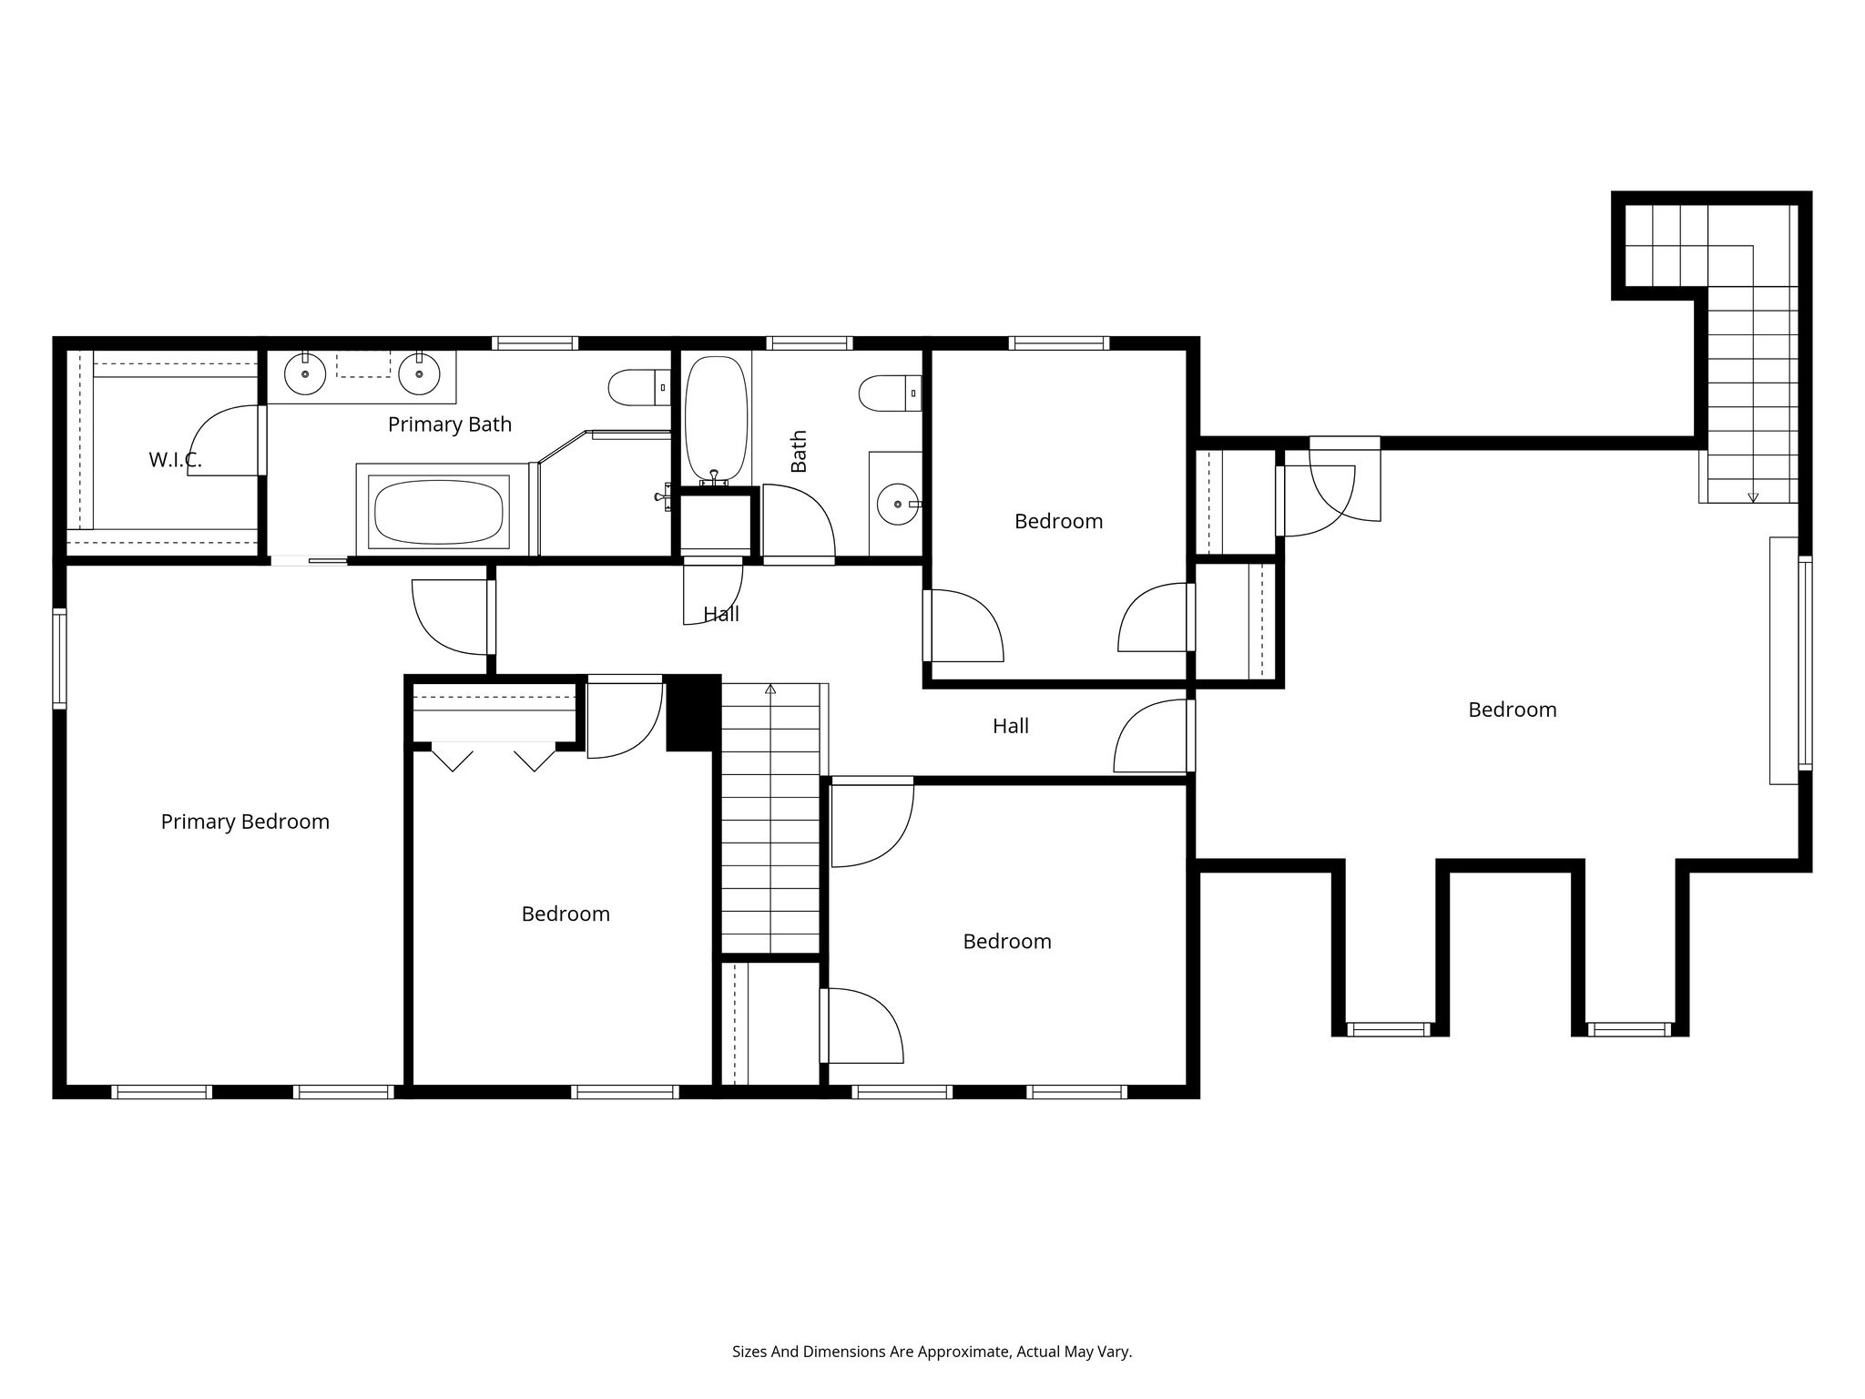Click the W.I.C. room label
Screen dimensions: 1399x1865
pyautogui.click(x=175, y=460)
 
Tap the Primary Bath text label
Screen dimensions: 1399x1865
pyautogui.click(x=450, y=424)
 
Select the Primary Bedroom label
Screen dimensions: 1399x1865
pyautogui.click(x=245, y=822)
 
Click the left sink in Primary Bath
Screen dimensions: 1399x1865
pyautogui.click(x=305, y=373)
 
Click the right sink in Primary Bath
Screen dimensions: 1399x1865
pyautogui.click(x=419, y=373)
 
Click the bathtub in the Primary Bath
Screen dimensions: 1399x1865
pyautogui.click(x=439, y=512)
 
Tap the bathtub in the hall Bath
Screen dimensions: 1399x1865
pyautogui.click(x=716, y=419)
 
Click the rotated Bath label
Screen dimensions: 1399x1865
pyautogui.click(x=799, y=452)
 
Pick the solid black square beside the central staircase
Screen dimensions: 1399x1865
pyautogui.click(x=693, y=712)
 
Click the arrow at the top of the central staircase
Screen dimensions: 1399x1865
pyautogui.click(x=770, y=689)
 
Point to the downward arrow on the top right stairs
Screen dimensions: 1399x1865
pyautogui.click(x=1753, y=497)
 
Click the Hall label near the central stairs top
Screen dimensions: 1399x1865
pyautogui.click(x=721, y=615)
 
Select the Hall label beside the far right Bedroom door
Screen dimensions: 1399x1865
pyautogui.click(x=1011, y=726)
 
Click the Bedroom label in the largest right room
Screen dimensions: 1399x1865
pyautogui.click(x=1512, y=710)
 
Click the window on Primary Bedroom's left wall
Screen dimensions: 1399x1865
pyautogui.click(x=59, y=659)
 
